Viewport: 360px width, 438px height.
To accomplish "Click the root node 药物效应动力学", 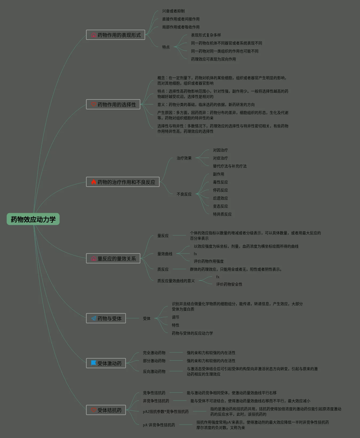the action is click(33, 219).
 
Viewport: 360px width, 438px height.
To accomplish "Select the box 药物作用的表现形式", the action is click(115, 35).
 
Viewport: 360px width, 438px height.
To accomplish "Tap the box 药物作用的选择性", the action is click(113, 105).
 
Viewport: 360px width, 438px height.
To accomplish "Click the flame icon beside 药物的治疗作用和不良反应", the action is click(94, 182).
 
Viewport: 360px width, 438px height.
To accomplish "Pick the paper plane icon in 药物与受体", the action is click(94, 318).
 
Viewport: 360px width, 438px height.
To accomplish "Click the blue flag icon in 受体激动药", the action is click(94, 363).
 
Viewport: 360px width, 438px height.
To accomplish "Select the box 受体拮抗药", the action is click(106, 410).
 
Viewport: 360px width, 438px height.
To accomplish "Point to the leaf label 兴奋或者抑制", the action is click(173, 11).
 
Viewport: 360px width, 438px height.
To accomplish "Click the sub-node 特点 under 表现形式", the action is click(166, 47).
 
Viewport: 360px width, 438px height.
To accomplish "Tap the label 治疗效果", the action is click(184, 158).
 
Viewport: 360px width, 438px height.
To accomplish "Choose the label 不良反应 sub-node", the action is click(184, 194).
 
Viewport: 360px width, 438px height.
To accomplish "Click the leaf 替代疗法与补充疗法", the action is click(230, 166).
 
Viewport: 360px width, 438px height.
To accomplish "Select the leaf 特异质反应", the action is click(222, 214).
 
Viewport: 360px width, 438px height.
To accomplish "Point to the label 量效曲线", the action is click(165, 254).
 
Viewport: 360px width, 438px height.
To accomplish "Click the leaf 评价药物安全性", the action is click(229, 284).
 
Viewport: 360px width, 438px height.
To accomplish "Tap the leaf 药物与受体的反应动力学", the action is click(192, 333).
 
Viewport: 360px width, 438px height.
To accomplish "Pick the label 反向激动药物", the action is click(154, 371).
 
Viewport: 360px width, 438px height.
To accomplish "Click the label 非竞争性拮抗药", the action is click(156, 401).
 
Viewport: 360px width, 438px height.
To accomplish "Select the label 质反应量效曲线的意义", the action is click(176, 281).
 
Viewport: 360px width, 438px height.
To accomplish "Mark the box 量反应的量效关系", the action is click(113, 258).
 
